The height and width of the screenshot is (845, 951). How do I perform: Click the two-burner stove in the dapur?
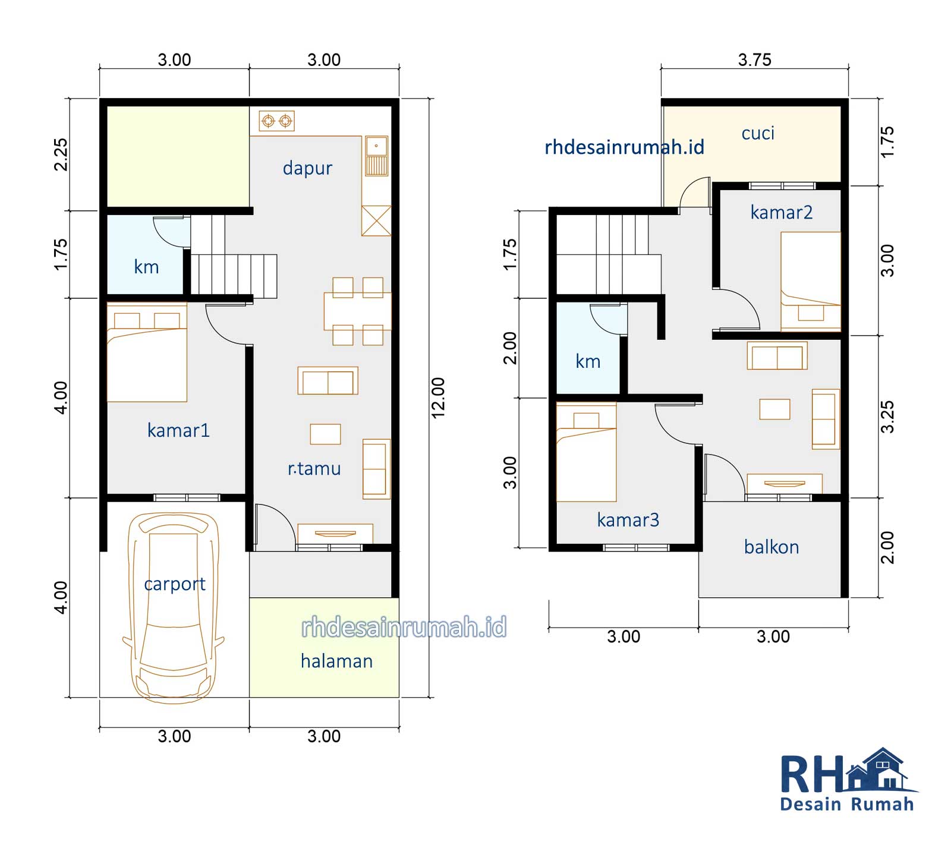coord(277,121)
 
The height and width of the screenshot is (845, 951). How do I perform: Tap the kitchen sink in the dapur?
coord(376,156)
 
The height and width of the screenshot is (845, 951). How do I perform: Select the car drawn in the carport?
coord(174,608)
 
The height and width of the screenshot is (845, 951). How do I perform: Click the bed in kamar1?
coord(147,352)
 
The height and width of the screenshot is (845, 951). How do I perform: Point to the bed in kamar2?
coord(811,281)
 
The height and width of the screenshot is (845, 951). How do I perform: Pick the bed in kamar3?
coord(586,452)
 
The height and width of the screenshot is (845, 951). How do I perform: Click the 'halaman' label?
coord(336,661)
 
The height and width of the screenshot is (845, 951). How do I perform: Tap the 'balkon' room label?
coord(771,547)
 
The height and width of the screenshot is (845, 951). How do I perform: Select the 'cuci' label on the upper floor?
coord(758,133)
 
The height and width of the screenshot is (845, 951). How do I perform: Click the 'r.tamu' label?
coord(314,468)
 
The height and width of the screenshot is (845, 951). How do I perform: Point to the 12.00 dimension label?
coord(438,398)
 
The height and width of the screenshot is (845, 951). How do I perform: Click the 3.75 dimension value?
coord(755,59)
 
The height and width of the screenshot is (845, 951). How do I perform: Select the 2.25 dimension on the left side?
coord(61,155)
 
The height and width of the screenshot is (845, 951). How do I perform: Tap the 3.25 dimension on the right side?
coord(887,417)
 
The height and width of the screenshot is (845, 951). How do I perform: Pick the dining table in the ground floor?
coord(358,311)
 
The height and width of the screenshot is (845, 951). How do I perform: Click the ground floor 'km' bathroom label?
coord(146,267)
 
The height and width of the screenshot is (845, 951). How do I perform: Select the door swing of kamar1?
coord(228,324)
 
